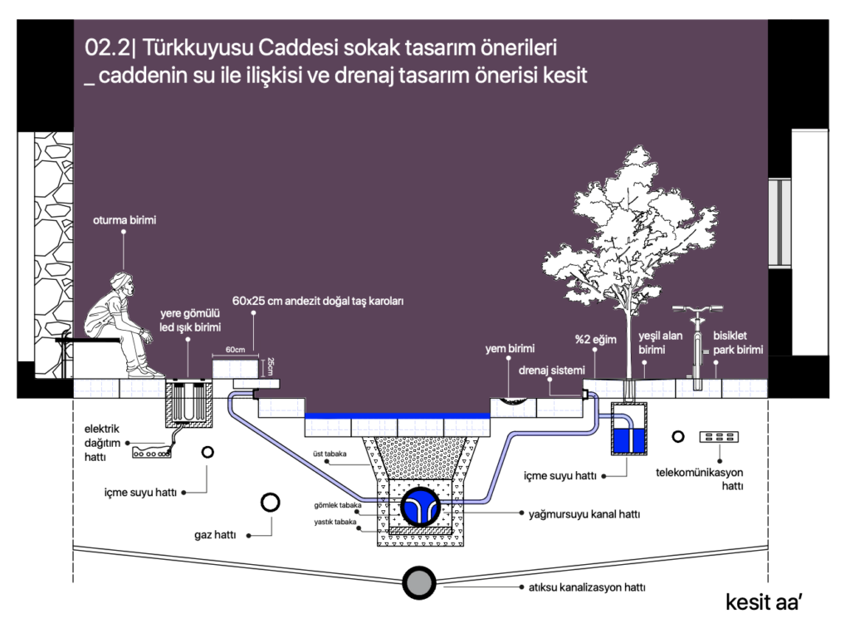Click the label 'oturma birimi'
coord(124,220)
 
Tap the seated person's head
coord(124,282)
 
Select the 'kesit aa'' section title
coord(762,602)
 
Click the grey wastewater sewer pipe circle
coord(418,583)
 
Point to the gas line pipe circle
coord(271,503)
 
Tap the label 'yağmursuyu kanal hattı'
coord(584,514)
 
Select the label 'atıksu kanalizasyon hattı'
coord(587,587)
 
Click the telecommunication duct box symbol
coord(719,437)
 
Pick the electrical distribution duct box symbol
coord(152,454)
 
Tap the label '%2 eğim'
coord(595,341)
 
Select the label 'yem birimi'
coord(510,349)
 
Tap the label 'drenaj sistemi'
coord(552,370)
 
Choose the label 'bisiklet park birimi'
coord(737,342)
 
